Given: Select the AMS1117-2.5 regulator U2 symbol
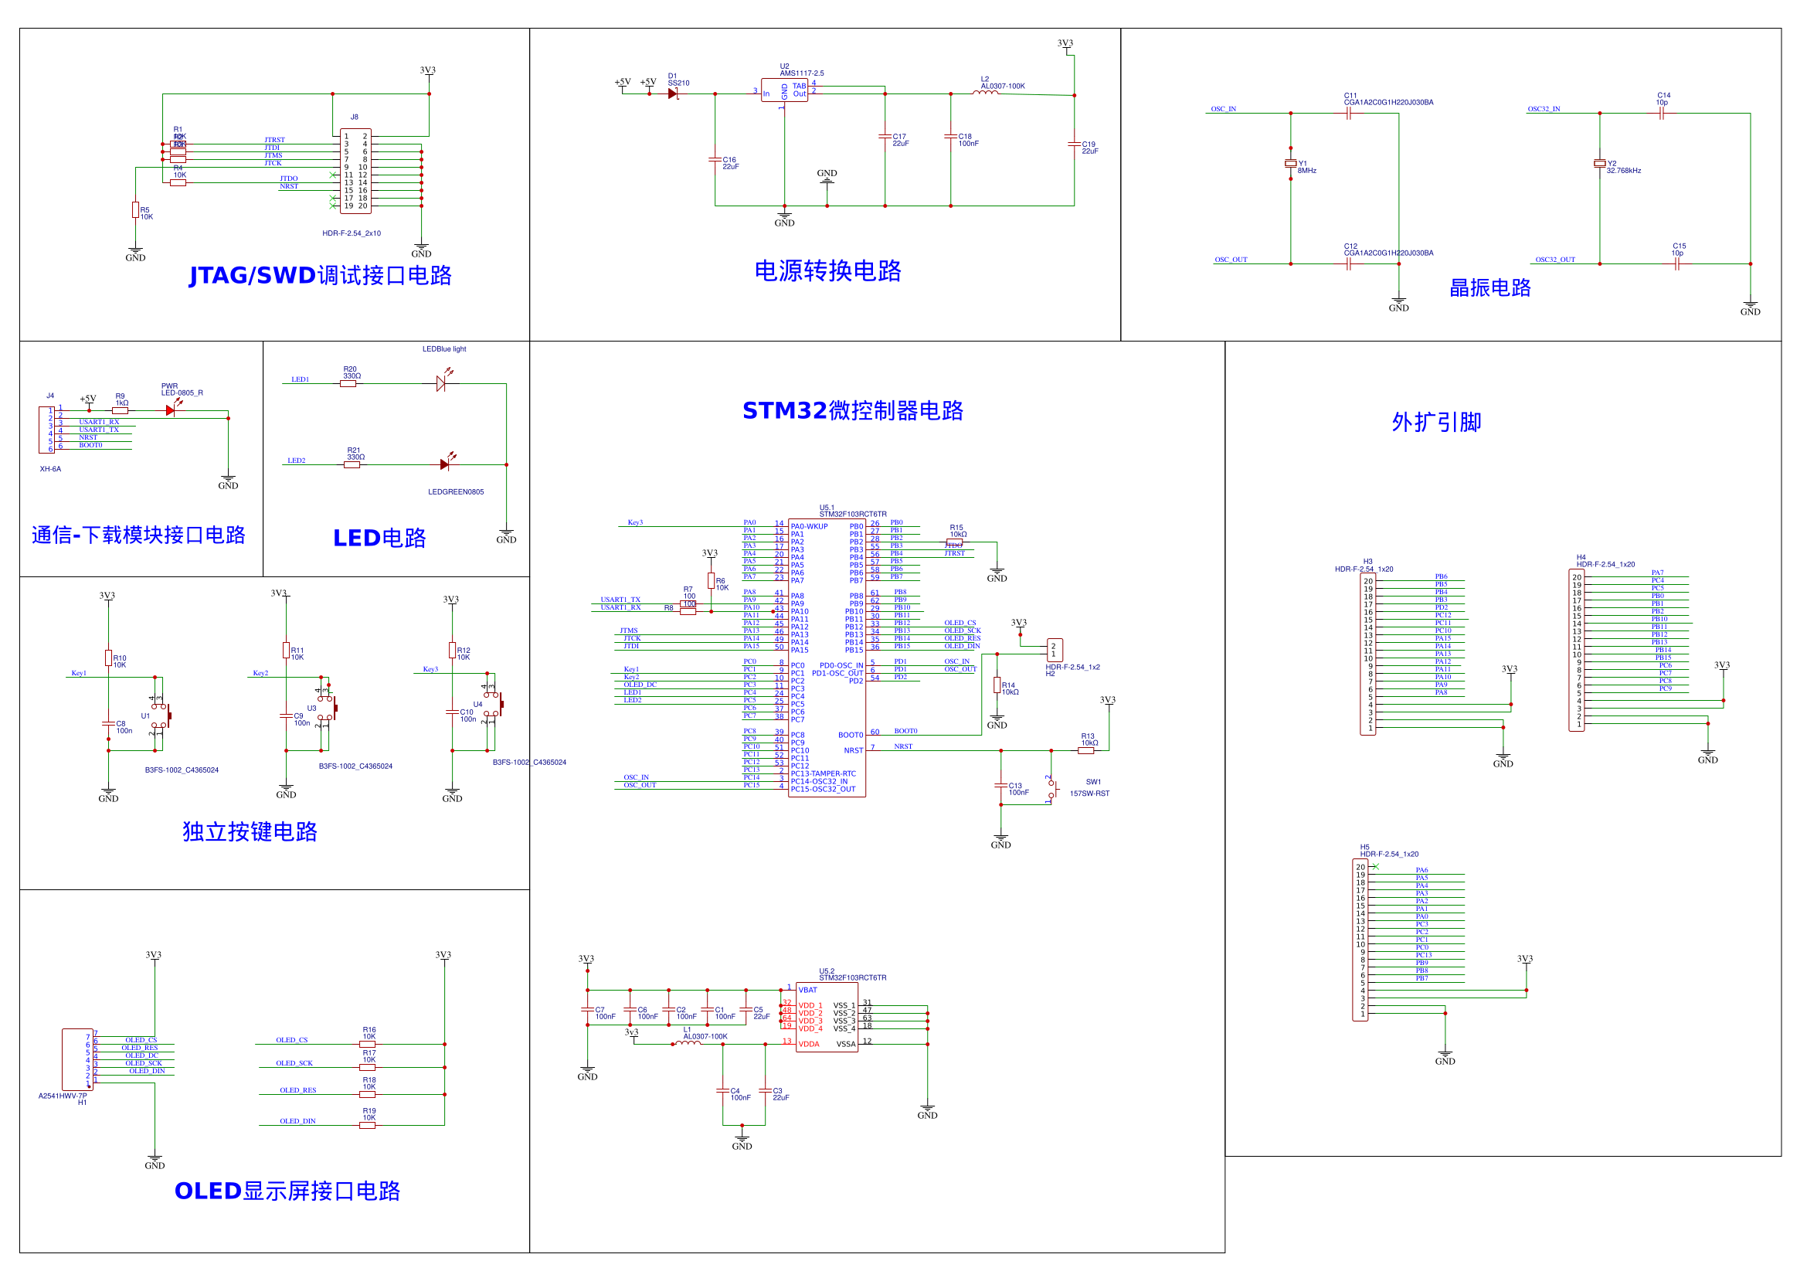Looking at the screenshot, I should pos(784,90).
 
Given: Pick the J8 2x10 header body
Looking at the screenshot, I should pos(355,172).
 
